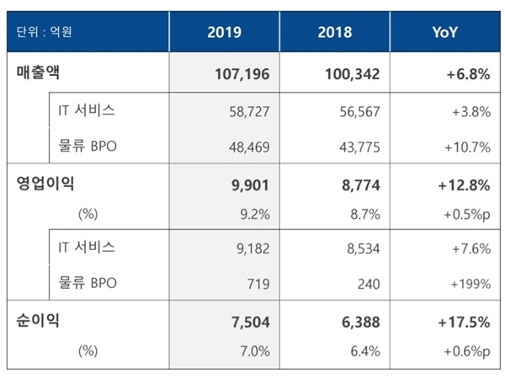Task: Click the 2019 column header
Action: click(225, 33)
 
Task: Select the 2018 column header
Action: click(336, 33)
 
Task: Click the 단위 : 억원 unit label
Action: click(45, 33)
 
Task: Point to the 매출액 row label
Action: click(41, 74)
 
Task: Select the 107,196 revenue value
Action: click(241, 75)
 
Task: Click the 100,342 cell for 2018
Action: click(352, 75)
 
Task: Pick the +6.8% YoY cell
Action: click(467, 75)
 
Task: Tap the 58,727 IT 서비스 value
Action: click(250, 110)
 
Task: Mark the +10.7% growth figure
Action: click(468, 147)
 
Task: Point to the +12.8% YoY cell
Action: click(463, 182)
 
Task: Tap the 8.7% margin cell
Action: click(365, 214)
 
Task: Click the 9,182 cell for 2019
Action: click(253, 249)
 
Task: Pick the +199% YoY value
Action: click(471, 284)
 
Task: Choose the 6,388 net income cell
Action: click(360, 319)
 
